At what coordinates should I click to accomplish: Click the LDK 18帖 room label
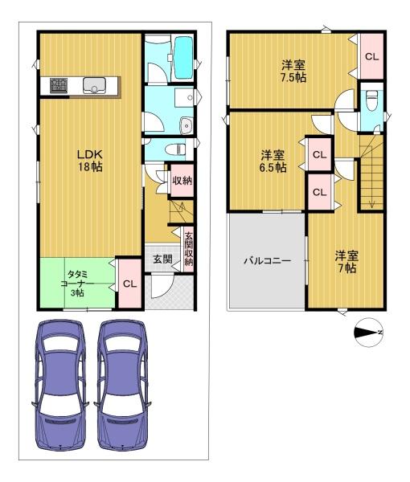tap(90, 161)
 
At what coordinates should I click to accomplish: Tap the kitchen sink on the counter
tap(94, 85)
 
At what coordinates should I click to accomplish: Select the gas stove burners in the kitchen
tap(59, 86)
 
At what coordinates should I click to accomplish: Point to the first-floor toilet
tap(175, 149)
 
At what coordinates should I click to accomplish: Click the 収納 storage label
tap(182, 181)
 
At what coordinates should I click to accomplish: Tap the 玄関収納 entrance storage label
tap(189, 249)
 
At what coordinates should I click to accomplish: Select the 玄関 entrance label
tap(162, 259)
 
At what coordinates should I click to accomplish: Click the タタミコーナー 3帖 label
tap(77, 283)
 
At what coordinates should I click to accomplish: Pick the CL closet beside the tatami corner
tap(129, 284)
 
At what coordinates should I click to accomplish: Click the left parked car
tap(60, 385)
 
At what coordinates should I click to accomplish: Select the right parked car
tap(122, 385)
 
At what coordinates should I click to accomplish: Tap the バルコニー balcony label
tap(267, 261)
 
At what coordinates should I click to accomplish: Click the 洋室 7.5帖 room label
tap(293, 71)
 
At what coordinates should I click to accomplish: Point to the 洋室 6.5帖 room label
tap(273, 161)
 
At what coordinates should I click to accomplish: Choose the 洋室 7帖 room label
tap(346, 262)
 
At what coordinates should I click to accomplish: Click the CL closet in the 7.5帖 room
tap(372, 56)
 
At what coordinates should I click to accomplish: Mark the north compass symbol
tap(368, 333)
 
